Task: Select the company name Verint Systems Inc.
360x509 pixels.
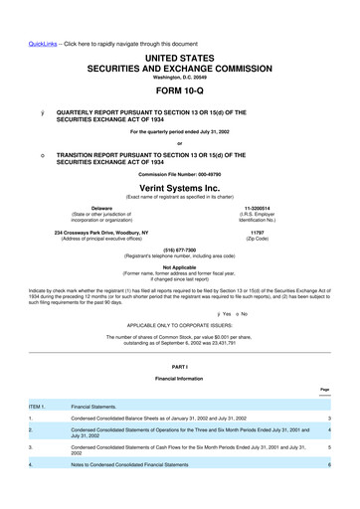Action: coord(180,189)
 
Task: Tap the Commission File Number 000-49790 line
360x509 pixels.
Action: coord(180,175)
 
